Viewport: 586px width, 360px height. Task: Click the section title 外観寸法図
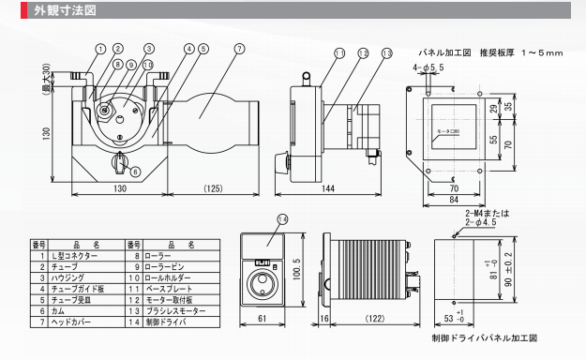[x=65, y=10]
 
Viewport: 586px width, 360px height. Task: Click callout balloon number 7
[x=240, y=49]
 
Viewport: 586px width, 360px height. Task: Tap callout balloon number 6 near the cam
[x=135, y=172]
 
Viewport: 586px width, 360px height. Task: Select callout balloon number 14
[x=282, y=219]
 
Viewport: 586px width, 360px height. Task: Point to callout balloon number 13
[x=387, y=53]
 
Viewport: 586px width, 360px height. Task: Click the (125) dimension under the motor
[x=213, y=188]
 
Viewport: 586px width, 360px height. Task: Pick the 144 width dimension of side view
[x=328, y=188]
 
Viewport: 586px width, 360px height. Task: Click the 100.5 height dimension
[x=297, y=269]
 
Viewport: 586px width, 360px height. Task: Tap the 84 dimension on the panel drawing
[x=454, y=200]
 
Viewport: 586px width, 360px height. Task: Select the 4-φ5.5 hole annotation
[x=428, y=67]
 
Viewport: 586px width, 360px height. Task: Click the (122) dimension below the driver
[x=375, y=319]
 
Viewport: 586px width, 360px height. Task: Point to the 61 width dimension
[x=263, y=319]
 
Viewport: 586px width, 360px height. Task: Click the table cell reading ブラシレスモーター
[x=175, y=311]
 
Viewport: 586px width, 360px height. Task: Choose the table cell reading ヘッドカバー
[x=71, y=322]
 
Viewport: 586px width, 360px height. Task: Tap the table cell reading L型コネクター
[x=74, y=256]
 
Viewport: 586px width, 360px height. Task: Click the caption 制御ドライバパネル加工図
[x=485, y=338]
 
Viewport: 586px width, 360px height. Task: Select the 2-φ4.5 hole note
[x=481, y=222]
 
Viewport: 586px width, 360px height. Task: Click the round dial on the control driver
[x=262, y=284]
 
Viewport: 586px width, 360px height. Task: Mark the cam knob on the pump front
[x=120, y=162]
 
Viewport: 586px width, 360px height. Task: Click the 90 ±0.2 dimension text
[x=508, y=269]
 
